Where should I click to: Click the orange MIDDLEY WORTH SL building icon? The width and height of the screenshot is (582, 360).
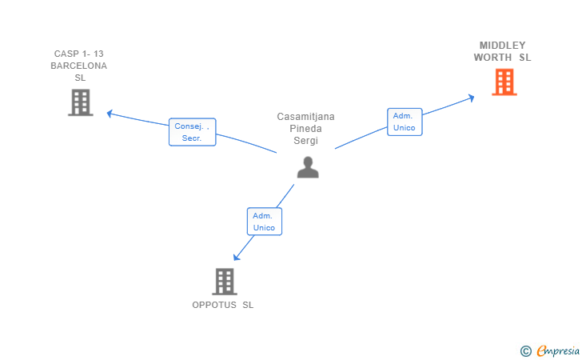coord(504,82)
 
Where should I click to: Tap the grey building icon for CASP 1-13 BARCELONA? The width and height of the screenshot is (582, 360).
coord(80,102)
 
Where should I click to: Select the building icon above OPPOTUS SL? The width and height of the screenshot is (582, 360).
coord(225,281)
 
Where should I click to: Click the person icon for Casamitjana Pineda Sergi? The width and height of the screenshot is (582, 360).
coord(307,166)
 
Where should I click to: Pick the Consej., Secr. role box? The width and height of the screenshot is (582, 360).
coord(192,132)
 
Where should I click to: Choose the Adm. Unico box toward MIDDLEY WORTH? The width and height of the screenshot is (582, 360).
coord(404,122)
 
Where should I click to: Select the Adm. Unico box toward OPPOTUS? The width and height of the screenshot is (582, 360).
coord(264,222)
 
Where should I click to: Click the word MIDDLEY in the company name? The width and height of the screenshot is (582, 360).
coord(502,45)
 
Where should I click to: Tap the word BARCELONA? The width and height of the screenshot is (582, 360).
coord(79,66)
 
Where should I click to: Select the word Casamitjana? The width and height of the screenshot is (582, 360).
coord(306,117)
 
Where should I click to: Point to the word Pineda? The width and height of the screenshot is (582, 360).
coord(306,129)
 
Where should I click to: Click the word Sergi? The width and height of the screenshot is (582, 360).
coord(306,141)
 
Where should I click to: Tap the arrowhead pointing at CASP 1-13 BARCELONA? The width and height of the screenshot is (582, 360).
coord(110,114)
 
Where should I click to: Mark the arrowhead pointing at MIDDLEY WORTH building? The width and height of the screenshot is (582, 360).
coord(471,98)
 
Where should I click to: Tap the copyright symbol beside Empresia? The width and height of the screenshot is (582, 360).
coord(525,350)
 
